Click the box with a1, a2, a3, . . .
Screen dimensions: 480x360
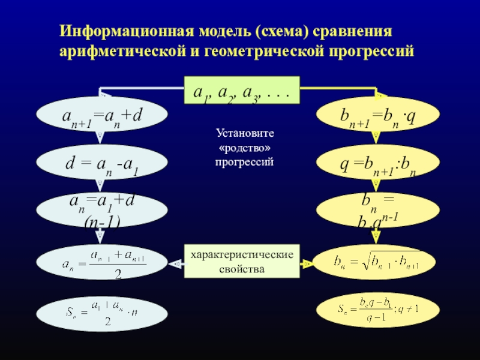click(241, 91)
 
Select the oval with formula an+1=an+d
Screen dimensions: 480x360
click(101, 114)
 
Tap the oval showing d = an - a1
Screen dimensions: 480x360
click(101, 162)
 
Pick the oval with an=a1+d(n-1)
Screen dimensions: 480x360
click(101, 210)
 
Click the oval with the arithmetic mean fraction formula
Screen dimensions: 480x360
click(101, 263)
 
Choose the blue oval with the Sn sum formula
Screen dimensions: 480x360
click(101, 312)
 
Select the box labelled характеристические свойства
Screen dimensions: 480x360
click(241, 261)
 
